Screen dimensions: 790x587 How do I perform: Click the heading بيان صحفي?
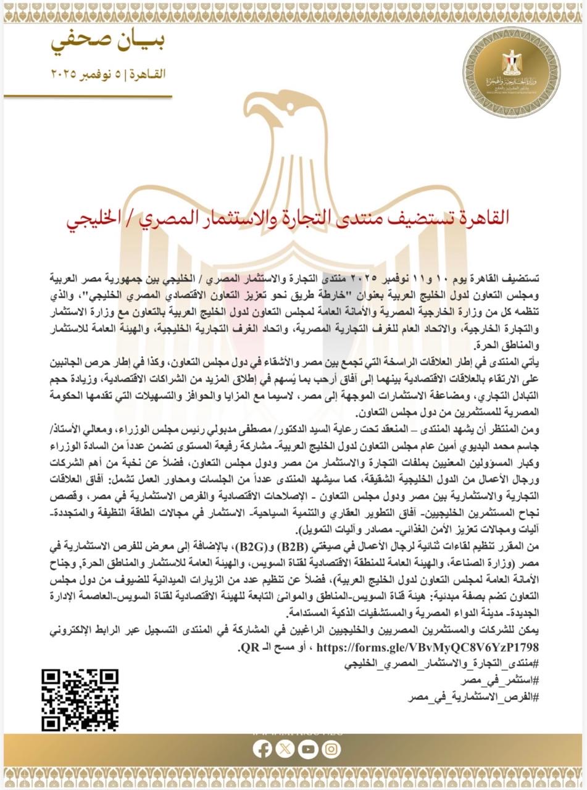click(109, 42)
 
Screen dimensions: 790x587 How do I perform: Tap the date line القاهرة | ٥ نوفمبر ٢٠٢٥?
click(109, 74)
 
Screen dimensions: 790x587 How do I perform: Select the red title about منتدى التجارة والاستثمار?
click(293, 217)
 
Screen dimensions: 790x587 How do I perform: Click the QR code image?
click(80, 699)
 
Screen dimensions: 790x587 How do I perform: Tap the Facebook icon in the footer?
click(262, 749)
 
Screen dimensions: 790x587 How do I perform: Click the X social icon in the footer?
click(285, 749)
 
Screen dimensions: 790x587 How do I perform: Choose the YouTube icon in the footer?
click(307, 749)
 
